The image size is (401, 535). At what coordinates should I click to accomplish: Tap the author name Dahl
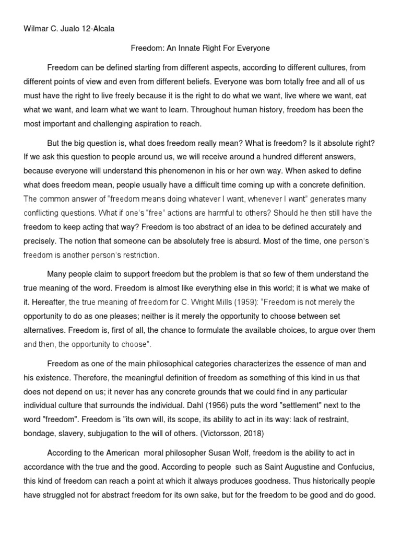coord(249,405)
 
